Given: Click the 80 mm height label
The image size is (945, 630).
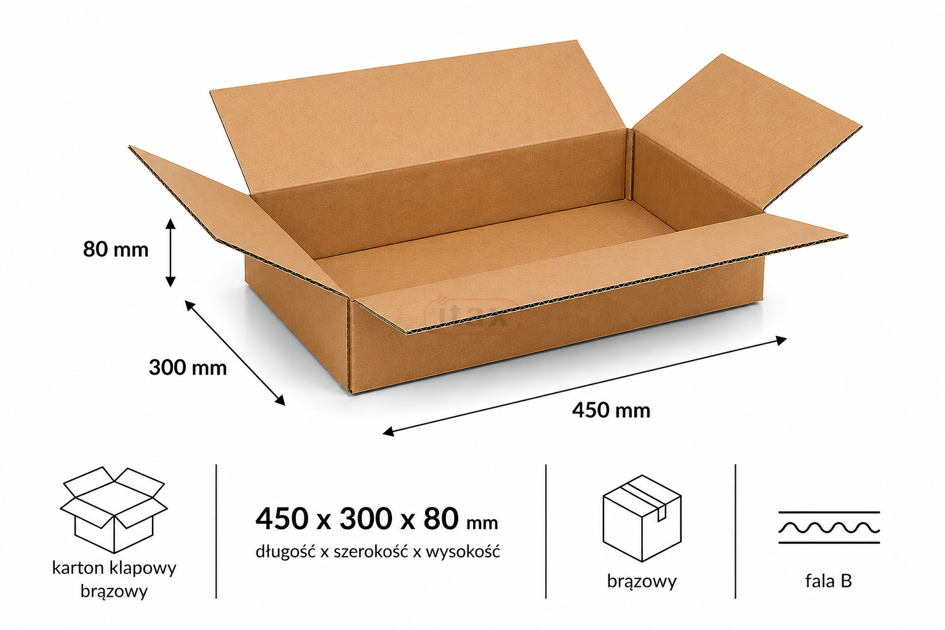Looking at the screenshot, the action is pyautogui.click(x=116, y=249).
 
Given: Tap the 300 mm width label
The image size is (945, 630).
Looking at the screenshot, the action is pyautogui.click(x=188, y=367).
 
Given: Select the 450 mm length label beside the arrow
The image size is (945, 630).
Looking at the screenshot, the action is pyautogui.click(x=611, y=410).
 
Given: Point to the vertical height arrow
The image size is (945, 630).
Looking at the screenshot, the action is pyautogui.click(x=170, y=253).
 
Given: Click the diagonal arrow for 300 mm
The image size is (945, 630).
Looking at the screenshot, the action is pyautogui.click(x=235, y=353).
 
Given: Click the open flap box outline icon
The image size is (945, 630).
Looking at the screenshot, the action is pyautogui.click(x=114, y=509).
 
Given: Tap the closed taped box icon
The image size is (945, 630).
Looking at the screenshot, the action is pyautogui.click(x=642, y=518).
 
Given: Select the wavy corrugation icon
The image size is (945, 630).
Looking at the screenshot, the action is pyautogui.click(x=829, y=527).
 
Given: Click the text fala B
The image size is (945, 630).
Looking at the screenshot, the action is pyautogui.click(x=829, y=581).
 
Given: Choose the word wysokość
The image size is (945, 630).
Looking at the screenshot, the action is pyautogui.click(x=463, y=551).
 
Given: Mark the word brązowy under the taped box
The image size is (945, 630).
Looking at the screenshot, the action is pyautogui.click(x=642, y=582).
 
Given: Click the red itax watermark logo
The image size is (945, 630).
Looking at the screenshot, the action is pyautogui.click(x=472, y=315).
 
